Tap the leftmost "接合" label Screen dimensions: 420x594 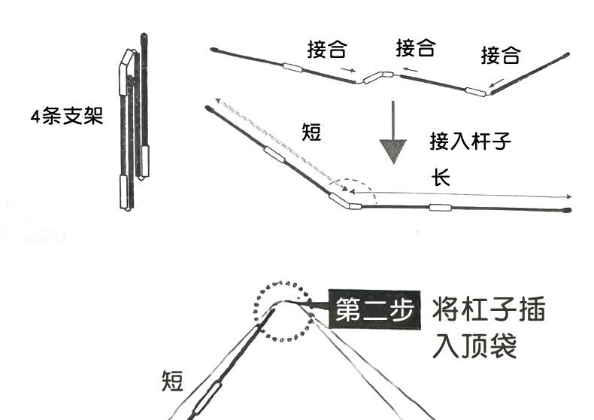pos(327,50)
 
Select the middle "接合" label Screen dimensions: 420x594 pos(416,48)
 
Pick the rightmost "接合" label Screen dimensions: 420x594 pos(501,54)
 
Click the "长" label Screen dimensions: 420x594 pos(440,178)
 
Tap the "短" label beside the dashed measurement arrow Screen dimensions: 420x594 pos(311,133)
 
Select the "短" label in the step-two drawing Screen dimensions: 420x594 pos(172,382)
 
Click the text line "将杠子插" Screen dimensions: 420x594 pos(489,310)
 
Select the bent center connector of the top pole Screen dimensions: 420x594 pos(377,76)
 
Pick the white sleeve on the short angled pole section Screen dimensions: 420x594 pos(274,156)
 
